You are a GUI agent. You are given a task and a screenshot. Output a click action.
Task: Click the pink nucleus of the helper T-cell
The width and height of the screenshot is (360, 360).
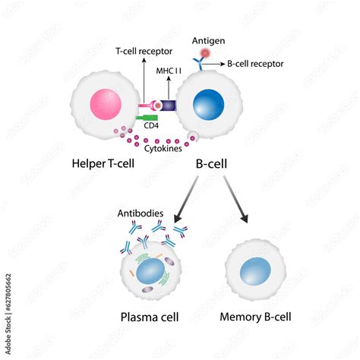(104, 103)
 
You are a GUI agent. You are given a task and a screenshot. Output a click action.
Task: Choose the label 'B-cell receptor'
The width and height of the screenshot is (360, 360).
(255, 65)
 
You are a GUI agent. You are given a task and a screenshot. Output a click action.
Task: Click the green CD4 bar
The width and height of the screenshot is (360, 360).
(148, 118)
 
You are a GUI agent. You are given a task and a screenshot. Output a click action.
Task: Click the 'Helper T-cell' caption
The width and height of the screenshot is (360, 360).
(103, 163)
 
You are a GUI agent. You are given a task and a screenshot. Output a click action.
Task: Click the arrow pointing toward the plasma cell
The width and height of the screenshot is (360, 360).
(186, 197)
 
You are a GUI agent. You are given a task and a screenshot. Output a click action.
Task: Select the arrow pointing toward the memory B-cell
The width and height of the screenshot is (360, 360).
(236, 198)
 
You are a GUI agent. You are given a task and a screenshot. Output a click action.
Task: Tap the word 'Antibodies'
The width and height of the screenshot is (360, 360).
(141, 213)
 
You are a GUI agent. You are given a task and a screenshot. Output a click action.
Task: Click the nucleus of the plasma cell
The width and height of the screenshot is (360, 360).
(151, 270)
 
